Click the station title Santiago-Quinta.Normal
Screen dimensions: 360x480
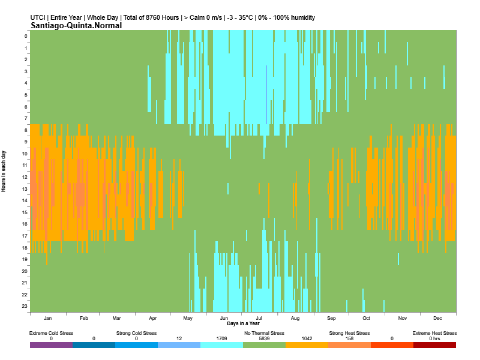[x=76, y=25]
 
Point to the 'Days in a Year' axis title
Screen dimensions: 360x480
[x=244, y=323]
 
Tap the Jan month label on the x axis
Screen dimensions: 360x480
[x=48, y=318]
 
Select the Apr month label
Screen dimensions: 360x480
[x=152, y=318]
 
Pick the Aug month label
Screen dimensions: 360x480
[x=295, y=318]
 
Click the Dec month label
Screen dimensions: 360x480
[x=437, y=318]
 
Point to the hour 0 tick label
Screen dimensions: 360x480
[x=26, y=36]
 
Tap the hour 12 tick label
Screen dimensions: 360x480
[x=25, y=177]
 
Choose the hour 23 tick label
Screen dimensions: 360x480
[x=25, y=306]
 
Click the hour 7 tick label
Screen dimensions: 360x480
[x=26, y=118]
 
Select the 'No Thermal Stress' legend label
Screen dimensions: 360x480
[x=264, y=333]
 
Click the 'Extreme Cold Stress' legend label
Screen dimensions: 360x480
[x=52, y=333]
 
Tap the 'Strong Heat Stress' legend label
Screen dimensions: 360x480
[x=349, y=333]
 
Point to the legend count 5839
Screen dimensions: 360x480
[x=264, y=339]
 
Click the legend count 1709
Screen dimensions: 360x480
[x=221, y=339]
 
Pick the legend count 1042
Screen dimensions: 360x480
[x=307, y=339]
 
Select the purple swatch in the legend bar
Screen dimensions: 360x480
[x=52, y=345]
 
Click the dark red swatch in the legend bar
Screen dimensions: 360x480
[x=434, y=345]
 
